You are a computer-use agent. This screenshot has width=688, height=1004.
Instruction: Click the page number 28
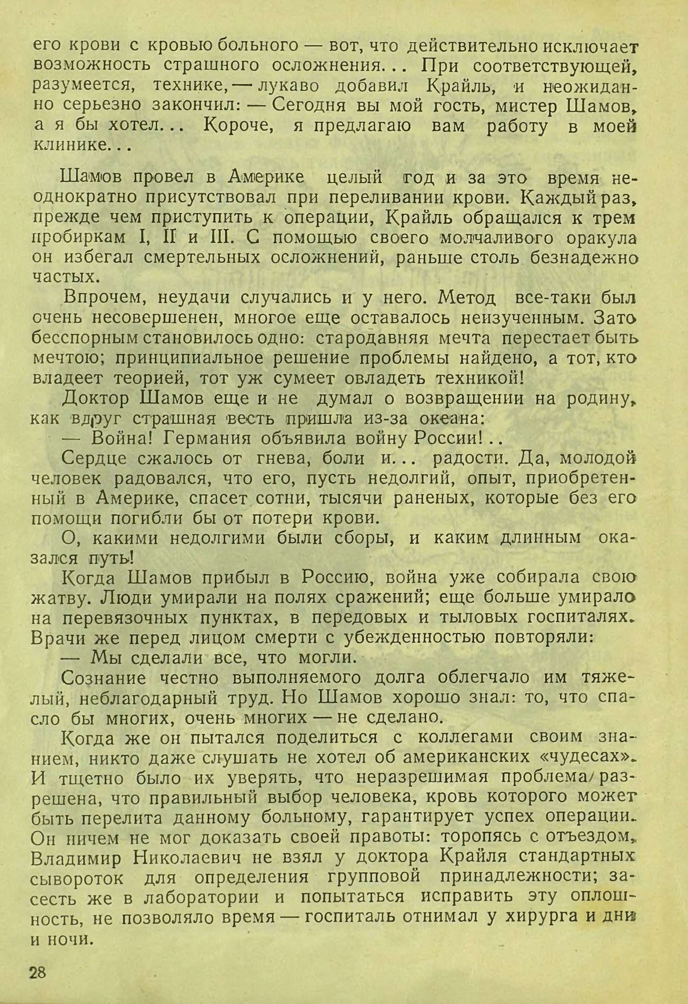click(x=38, y=970)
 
